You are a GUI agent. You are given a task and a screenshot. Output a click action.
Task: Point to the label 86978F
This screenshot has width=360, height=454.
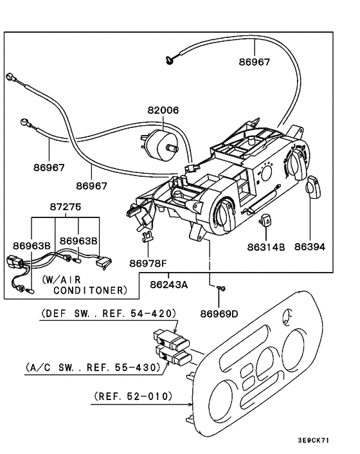coord(147,263)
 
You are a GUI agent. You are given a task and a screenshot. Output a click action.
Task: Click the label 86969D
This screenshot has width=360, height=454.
coord(219,314)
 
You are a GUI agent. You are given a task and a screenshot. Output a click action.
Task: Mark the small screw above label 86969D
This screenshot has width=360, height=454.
coord(221,290)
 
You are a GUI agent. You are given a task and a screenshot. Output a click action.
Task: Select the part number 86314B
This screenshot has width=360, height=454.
coord(265,246)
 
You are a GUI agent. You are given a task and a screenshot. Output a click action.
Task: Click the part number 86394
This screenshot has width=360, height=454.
coord(310,246)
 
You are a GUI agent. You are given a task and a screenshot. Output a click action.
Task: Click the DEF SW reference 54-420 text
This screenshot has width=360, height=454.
coord(109,314)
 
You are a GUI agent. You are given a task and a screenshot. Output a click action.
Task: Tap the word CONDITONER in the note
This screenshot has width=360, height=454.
coord(90,291)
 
